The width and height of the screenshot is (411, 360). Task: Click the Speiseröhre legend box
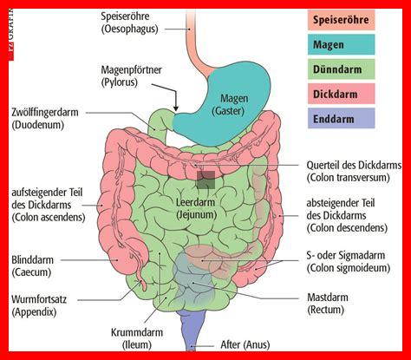341,20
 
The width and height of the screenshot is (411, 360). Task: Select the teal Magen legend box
341,44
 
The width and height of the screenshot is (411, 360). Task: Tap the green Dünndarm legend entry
341,69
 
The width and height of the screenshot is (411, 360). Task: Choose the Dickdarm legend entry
341,94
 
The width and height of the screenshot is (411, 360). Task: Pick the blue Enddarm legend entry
341,118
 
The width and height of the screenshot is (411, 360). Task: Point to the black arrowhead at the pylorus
176,108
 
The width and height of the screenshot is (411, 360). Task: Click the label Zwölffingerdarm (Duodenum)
45,119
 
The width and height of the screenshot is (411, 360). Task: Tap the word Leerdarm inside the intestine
195,202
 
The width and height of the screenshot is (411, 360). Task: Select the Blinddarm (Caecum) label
32,265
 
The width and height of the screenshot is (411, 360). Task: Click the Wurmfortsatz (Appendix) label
39,305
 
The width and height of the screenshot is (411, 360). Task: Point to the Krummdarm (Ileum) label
137,338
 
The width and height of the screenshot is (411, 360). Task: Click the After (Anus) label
245,344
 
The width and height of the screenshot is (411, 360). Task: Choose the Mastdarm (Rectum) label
328,304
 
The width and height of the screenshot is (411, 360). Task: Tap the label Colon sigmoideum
349,268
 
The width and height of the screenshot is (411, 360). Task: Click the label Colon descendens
347,228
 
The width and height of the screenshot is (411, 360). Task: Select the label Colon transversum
348,177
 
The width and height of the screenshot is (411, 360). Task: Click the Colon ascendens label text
49,217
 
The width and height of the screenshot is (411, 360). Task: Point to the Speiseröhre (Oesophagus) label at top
129,23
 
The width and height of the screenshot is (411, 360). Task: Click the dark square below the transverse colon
205,180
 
